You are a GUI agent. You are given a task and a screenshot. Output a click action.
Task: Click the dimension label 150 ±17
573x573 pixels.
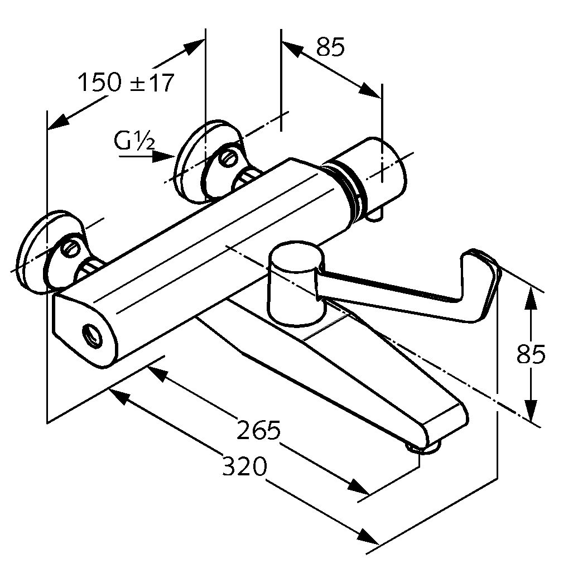(x=126, y=83)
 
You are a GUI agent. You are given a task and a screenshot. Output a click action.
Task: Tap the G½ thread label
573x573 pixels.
(x=134, y=141)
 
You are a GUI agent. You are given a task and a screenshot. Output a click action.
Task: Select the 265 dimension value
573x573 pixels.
(x=258, y=430)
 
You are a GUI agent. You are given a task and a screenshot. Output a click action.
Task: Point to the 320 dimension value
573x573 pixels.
(x=245, y=466)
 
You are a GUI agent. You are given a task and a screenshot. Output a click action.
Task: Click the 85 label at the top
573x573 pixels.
(x=331, y=47)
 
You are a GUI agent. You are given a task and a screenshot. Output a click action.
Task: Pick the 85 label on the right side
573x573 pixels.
(x=531, y=354)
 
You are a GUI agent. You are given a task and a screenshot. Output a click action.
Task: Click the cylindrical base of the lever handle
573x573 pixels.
(x=295, y=285)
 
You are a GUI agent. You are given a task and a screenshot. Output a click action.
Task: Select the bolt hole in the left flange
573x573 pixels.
(x=71, y=248)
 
